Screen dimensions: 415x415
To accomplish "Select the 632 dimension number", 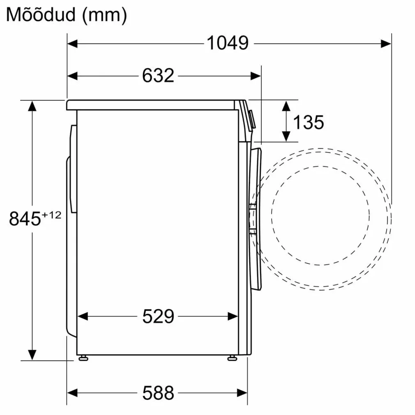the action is (x=158, y=76).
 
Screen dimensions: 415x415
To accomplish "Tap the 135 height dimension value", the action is (x=308, y=122).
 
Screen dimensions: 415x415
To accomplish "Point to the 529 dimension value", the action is (x=158, y=316).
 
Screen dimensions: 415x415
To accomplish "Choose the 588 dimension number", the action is (x=158, y=393).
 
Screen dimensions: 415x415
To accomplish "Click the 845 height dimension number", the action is (x=25, y=219).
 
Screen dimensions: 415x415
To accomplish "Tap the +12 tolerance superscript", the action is (x=51, y=214).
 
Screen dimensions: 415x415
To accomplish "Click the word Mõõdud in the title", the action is (x=41, y=15).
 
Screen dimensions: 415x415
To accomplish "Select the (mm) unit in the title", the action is (x=104, y=15).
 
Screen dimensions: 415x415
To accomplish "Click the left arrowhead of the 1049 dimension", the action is (x=72, y=44).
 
